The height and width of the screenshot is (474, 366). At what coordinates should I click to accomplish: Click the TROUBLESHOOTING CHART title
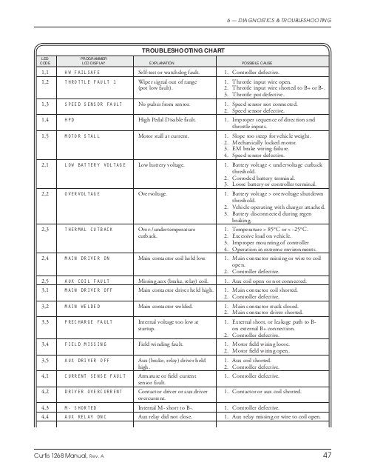183,49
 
